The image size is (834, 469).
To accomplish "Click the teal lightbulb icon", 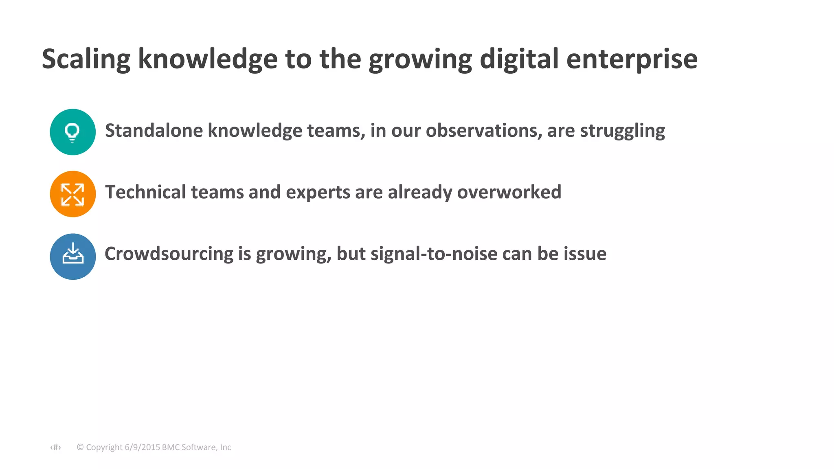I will pyautogui.click(x=72, y=132).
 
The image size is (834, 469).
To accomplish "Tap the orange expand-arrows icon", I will pyautogui.click(x=72, y=194).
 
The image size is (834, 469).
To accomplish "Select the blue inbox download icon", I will pyautogui.click(x=73, y=256).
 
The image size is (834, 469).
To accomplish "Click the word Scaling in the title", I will pyautogui.click(x=86, y=59).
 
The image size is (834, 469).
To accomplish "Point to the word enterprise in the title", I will pyautogui.click(x=632, y=59).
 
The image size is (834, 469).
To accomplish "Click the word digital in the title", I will pyautogui.click(x=519, y=59).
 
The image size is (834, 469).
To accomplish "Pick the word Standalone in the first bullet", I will pyautogui.click(x=154, y=131).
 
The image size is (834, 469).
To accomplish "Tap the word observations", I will pyautogui.click(x=484, y=131).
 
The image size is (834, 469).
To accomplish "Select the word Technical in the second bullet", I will pyautogui.click(x=145, y=192).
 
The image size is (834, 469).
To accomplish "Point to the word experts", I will pyautogui.click(x=318, y=193).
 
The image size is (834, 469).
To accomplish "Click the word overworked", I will pyautogui.click(x=509, y=192).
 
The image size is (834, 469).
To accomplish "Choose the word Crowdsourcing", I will pyautogui.click(x=169, y=254).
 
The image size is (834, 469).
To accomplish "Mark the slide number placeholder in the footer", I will pyautogui.click(x=56, y=447).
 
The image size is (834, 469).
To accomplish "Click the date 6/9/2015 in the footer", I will pyautogui.click(x=142, y=447).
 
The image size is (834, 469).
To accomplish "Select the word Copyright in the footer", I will pyautogui.click(x=104, y=447).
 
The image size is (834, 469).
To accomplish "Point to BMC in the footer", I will pyautogui.click(x=171, y=447).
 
